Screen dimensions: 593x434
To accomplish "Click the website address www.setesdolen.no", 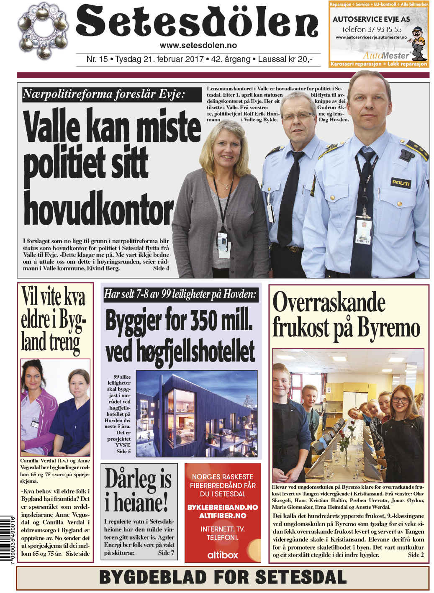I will point(198,46).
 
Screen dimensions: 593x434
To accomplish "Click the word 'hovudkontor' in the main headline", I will point(99,209).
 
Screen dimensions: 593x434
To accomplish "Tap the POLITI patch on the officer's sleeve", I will point(401,182).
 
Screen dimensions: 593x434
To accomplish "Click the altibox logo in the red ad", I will point(223,555).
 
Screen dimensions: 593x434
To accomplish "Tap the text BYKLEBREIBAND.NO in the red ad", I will point(223,507).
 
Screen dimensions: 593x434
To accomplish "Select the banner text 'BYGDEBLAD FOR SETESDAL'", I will point(223,577).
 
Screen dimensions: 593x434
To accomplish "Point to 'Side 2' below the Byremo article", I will point(416,555).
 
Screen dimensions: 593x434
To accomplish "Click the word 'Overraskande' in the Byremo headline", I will point(329,302).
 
